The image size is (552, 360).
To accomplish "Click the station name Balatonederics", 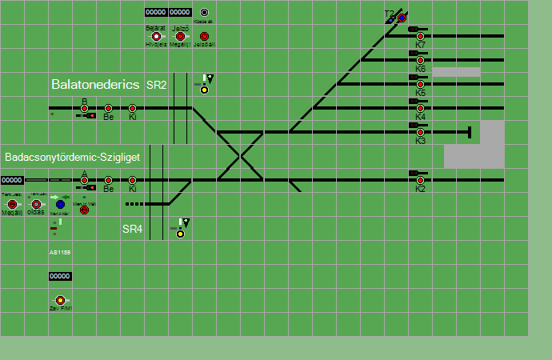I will tap(96, 84).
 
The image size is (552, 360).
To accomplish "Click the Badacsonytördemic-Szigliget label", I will tap(72, 158).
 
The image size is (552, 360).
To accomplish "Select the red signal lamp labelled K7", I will tap(420, 36).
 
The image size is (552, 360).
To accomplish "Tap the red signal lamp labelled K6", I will tap(420, 60).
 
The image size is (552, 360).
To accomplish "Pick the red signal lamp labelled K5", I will tap(420, 84).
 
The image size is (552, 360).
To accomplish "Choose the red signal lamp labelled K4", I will tap(420, 108).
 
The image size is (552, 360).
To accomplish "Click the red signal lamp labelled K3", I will tap(420, 132).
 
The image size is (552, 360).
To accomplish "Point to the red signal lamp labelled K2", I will tap(420, 180).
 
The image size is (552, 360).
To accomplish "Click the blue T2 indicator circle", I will tap(402, 18).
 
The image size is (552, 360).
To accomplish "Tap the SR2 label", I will tap(156, 85).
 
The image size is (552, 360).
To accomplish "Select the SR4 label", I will tap(132, 229).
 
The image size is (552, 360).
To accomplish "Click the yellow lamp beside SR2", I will tap(204, 90).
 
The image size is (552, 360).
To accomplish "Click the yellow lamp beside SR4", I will tap(180, 234).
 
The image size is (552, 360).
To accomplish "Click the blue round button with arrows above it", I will tap(60, 205).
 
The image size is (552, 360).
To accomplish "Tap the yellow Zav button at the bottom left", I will tap(60, 300).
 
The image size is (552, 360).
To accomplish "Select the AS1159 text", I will tap(60, 253).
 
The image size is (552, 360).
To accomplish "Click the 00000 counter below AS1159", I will tap(60, 276).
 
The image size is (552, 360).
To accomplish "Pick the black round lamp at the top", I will tap(204, 13).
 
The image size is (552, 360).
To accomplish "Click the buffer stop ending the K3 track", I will tap(470, 132).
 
